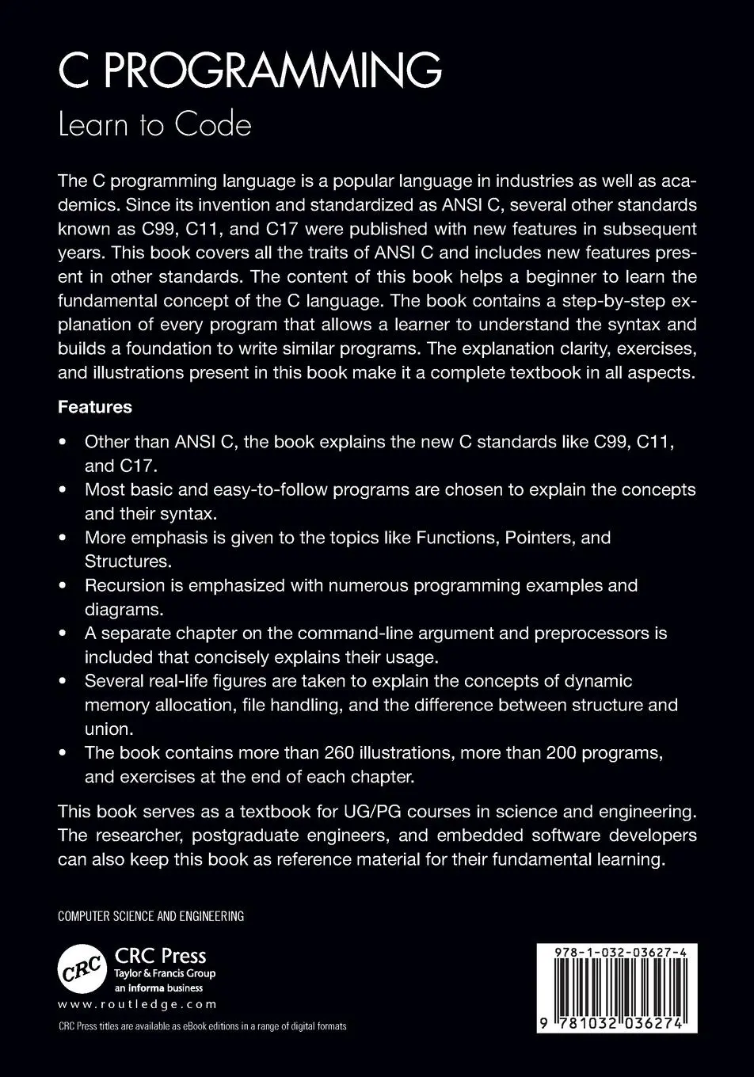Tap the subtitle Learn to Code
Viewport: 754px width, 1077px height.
click(x=154, y=124)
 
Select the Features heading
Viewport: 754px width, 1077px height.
click(x=94, y=407)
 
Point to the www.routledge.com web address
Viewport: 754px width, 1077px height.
click(x=137, y=1004)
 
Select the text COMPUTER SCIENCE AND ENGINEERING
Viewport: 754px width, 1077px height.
click(x=150, y=916)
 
